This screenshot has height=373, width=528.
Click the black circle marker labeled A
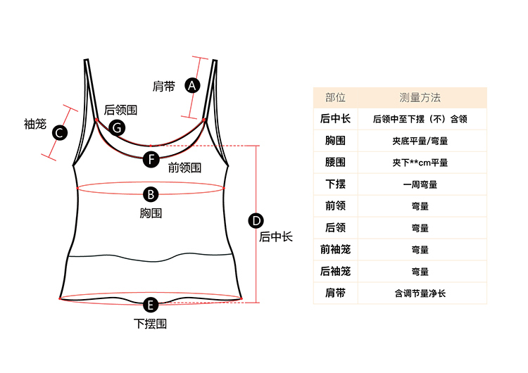pyautogui.click(x=191, y=85)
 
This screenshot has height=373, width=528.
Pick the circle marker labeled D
pyautogui.click(x=256, y=221)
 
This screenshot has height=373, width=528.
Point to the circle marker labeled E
pyautogui.click(x=150, y=305)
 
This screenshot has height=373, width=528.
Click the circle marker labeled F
pyautogui.click(x=151, y=158)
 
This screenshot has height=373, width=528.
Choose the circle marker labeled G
pyautogui.click(x=118, y=127)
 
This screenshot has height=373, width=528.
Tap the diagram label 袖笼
pyautogui.click(x=34, y=125)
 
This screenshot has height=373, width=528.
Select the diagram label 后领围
pyautogui.click(x=120, y=110)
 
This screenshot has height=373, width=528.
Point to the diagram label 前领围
pyautogui.click(x=184, y=168)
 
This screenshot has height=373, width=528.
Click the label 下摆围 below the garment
pyautogui.click(x=150, y=324)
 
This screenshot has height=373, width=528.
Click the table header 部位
pyautogui.click(x=335, y=98)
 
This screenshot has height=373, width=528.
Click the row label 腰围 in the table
pyautogui.click(x=335, y=163)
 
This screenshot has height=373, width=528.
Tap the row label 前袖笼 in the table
pyautogui.click(x=335, y=250)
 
